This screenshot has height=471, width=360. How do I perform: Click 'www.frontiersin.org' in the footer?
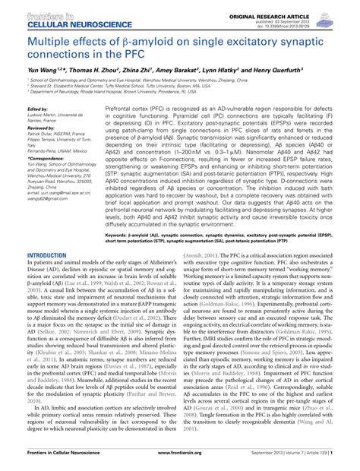tap(180, 462)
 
